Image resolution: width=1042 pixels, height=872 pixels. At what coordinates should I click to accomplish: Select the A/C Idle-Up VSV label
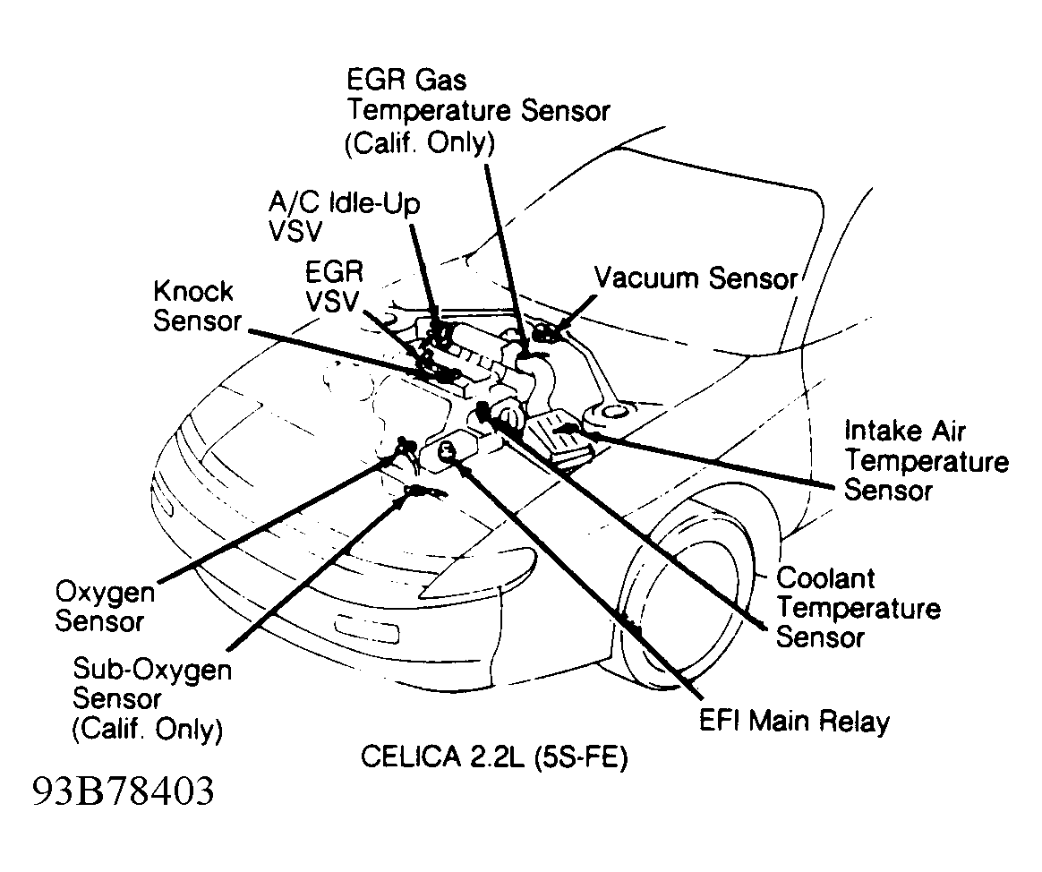[x=345, y=216]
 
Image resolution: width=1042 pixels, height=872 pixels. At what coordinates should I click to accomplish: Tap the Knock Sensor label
[x=193, y=306]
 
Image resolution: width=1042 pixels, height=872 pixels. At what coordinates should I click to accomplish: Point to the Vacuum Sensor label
[x=696, y=278]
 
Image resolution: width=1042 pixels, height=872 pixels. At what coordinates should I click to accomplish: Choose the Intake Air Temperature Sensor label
[x=927, y=460]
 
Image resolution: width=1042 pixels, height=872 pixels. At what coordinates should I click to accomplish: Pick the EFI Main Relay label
[x=794, y=721]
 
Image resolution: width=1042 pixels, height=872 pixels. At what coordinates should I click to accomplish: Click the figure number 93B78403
[x=123, y=791]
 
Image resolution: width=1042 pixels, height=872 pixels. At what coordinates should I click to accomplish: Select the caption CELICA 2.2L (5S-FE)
[x=494, y=757]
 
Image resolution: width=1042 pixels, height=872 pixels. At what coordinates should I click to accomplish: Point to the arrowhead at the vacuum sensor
[x=545, y=335]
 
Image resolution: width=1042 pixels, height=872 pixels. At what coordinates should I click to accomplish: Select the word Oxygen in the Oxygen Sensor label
[x=105, y=591]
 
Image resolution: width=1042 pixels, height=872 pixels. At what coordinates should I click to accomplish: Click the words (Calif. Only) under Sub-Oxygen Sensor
[x=147, y=729]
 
